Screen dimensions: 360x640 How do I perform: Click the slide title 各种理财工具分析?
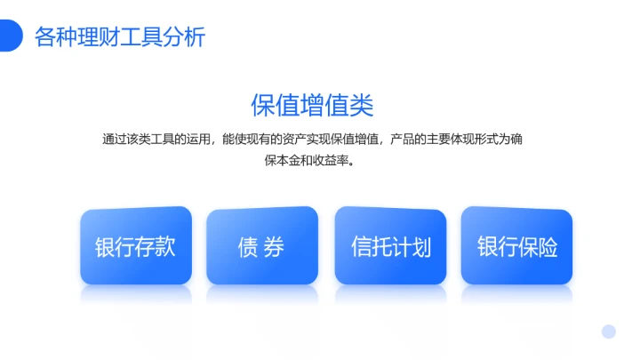[120, 37]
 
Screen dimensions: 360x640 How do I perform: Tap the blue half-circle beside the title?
[10, 36]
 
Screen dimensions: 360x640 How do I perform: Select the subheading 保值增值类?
[312, 105]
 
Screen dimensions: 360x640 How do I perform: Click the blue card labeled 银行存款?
[135, 246]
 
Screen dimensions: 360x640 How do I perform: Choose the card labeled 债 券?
[261, 246]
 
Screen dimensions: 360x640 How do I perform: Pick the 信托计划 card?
[390, 246]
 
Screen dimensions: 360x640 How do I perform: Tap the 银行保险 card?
[517, 246]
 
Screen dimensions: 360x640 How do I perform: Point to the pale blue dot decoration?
[608, 332]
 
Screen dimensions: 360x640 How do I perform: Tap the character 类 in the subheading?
[362, 105]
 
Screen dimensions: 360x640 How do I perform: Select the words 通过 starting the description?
[113, 140]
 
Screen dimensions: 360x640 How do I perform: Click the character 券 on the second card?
[274, 247]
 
